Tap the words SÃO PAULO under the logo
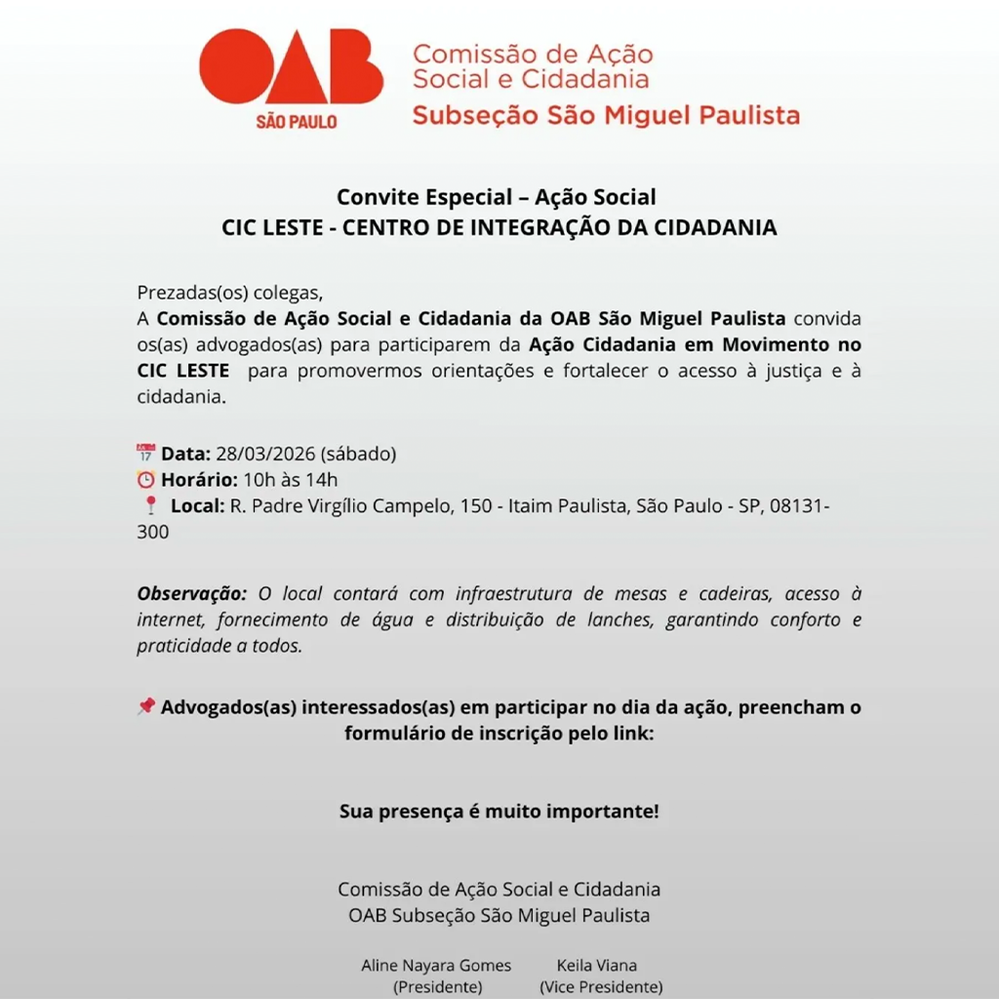point(296,122)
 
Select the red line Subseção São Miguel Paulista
point(606,115)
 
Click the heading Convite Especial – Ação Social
point(497,197)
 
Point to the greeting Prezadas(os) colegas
point(229,292)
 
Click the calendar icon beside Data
point(146,453)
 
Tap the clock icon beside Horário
point(146,479)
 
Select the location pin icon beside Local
point(150,505)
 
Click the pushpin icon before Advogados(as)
point(146,706)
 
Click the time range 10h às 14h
point(291,479)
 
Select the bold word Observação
point(192,593)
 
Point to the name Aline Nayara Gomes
point(436,965)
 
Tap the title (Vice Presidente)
point(601,986)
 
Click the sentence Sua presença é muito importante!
point(499,811)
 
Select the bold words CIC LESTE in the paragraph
point(183,371)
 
